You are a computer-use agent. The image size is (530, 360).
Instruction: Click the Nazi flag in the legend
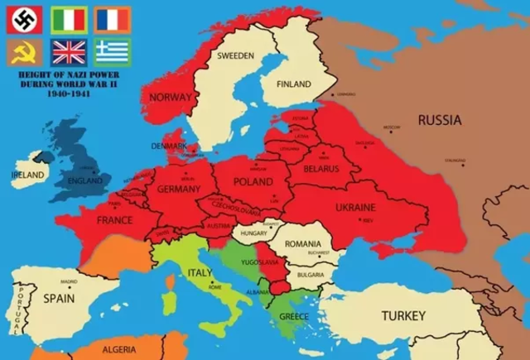[x=24, y=19]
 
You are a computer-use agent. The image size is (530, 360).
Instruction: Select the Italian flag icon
[x=68, y=19]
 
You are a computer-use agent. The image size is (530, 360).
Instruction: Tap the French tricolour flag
[x=112, y=19]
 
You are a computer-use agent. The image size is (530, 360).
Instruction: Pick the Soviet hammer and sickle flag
[x=24, y=52]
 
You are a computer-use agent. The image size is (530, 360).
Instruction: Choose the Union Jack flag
[x=68, y=52]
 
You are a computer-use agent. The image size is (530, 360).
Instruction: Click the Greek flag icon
[x=112, y=52]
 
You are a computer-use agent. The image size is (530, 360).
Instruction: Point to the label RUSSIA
[x=439, y=121]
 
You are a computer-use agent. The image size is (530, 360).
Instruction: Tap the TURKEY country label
[x=403, y=316]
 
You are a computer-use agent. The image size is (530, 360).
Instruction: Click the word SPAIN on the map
[x=59, y=297]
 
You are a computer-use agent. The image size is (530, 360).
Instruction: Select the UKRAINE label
[x=355, y=207]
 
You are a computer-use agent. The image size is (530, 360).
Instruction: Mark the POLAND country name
[x=252, y=181]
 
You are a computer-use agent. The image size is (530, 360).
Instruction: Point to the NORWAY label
[x=170, y=97]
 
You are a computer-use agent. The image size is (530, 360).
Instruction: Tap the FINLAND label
[x=294, y=84]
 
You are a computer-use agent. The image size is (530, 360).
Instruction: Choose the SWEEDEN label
[x=236, y=56]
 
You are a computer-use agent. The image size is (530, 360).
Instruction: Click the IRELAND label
[x=27, y=175]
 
